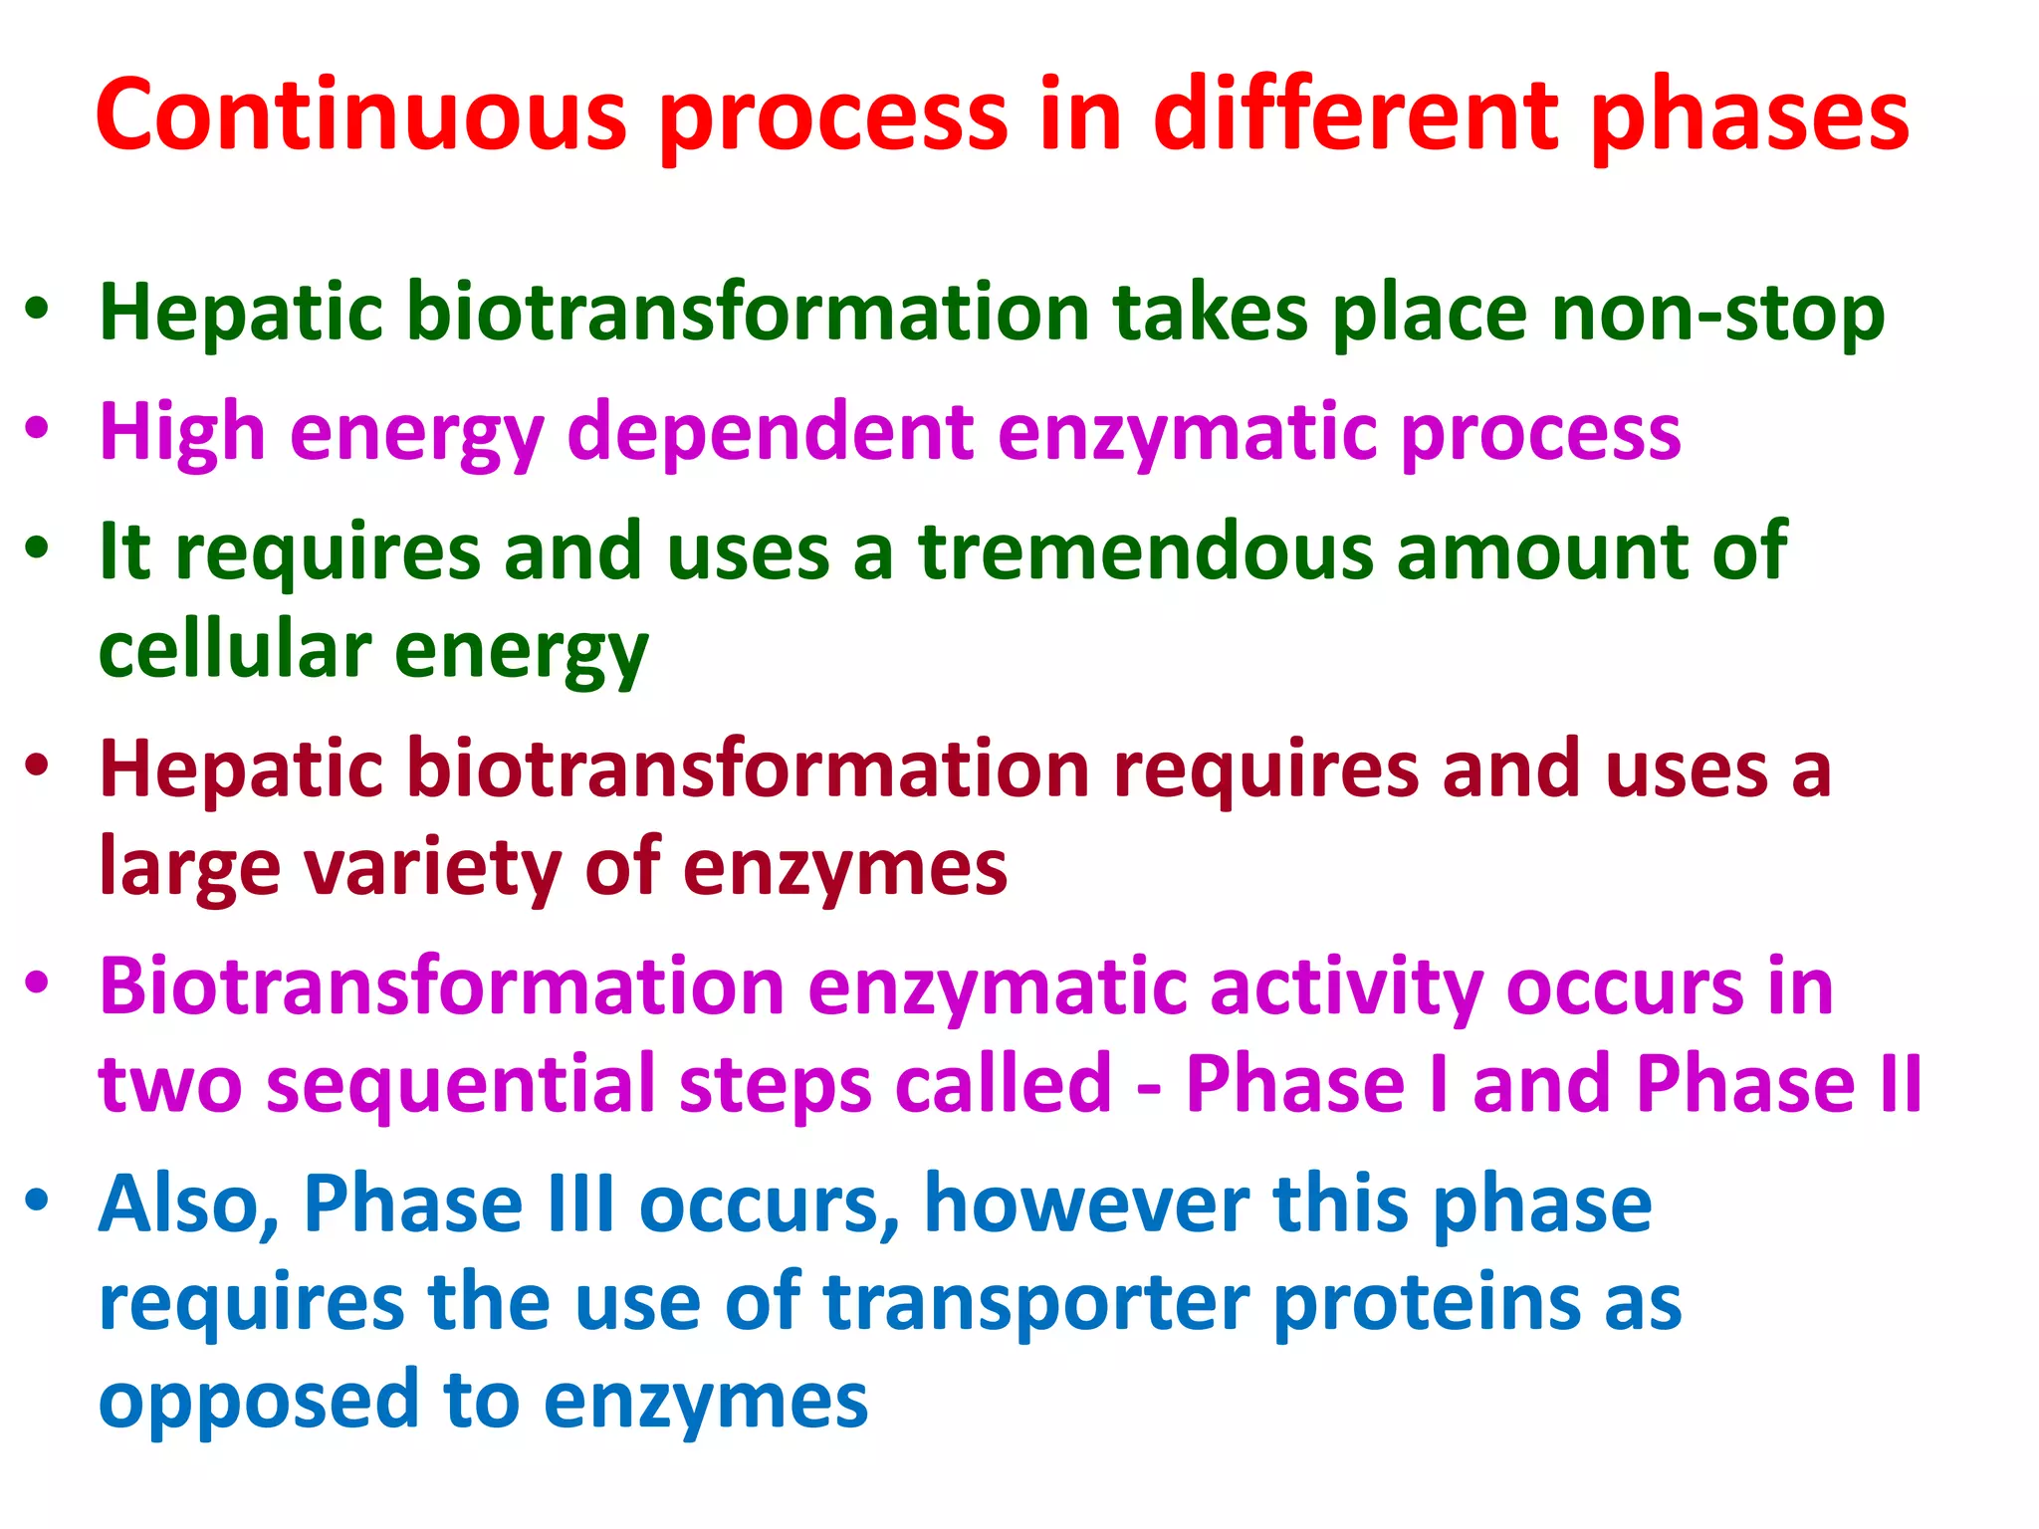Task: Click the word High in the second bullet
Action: pos(182,434)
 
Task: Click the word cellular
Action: pos(235,651)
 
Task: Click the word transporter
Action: pos(1036,1304)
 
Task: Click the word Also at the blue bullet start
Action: pos(188,1204)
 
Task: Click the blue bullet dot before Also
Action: pos(37,1200)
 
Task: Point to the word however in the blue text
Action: pos(1086,1204)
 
